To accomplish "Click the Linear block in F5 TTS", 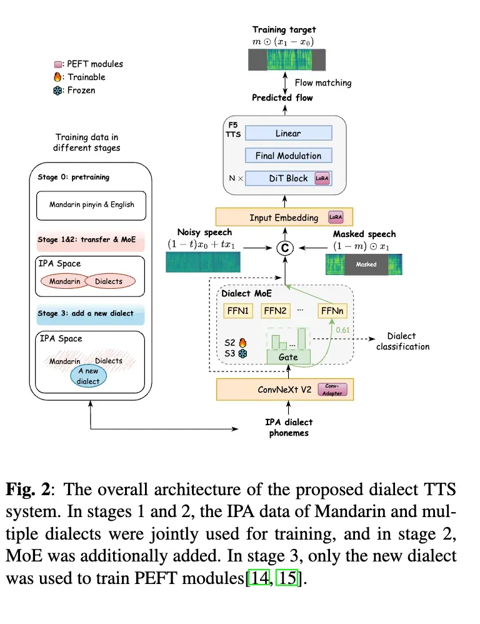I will pos(288,133).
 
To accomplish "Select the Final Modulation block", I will pos(288,156).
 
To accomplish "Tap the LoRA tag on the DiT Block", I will pos(322,178).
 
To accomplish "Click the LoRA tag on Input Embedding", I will pos(336,218).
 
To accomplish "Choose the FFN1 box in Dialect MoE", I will pos(237,310).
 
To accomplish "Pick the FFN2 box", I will pos(274,310).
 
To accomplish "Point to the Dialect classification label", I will pos(402,341).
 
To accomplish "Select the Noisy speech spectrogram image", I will pos(203,261).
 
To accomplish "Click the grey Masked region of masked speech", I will pos(366,264).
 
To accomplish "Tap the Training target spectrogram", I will pos(287,60).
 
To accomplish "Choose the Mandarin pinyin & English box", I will pos(92,204).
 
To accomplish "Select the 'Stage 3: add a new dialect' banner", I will pos(91,313).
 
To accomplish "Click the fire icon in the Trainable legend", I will pos(58,78).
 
